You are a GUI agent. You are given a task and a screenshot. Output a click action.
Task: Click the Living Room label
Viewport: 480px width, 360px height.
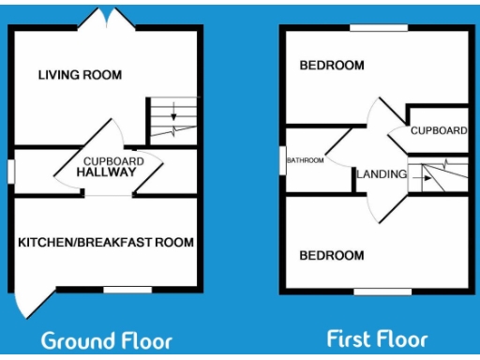pos(80,74)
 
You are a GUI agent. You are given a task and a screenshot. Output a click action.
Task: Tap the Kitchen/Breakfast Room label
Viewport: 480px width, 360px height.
pos(106,242)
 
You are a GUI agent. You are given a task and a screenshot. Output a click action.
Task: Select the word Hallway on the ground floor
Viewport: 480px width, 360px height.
pos(107,172)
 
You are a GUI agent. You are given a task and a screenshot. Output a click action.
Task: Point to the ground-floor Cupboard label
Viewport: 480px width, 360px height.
pos(113,161)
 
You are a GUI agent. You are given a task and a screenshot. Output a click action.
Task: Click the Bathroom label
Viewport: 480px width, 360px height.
pos(306,160)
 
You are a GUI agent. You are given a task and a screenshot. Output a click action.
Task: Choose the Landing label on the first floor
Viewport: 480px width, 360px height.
pos(382,173)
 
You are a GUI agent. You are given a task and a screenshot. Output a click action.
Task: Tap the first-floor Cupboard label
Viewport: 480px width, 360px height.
pos(438,130)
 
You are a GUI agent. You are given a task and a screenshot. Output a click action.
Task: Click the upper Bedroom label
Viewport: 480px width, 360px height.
pos(331,66)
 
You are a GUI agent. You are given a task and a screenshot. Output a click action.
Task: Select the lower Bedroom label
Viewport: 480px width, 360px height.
pos(331,255)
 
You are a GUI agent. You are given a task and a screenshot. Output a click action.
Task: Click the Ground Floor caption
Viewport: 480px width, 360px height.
pos(106,338)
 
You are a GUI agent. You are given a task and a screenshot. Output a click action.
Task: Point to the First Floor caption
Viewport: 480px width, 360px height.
pos(377,337)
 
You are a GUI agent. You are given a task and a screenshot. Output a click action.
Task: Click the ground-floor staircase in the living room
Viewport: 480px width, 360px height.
pos(172,120)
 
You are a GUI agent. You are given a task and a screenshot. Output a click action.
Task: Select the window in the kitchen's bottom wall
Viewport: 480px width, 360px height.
pos(127,290)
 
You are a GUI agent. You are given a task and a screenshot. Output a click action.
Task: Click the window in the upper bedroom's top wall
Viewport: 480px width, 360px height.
pos(379,28)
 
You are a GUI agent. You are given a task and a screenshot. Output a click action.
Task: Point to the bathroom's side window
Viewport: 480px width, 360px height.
pos(283,160)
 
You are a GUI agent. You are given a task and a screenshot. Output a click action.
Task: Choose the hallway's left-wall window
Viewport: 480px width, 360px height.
pos(10,172)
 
